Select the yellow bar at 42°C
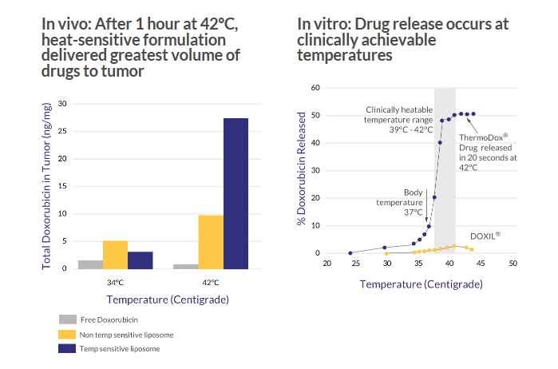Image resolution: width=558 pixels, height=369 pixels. point(211,241)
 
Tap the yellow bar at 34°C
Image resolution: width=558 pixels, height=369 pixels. point(115,254)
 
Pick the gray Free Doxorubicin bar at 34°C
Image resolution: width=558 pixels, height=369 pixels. point(91,264)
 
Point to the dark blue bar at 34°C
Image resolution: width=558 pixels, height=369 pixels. point(140,260)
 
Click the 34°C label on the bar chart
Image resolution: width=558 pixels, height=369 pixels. point(115,283)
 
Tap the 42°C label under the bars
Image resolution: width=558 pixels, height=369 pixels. point(211,283)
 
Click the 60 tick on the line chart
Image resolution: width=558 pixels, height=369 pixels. point(315,88)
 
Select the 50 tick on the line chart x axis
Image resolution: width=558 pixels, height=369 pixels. point(512,263)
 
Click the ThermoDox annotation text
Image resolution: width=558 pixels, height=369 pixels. point(488,152)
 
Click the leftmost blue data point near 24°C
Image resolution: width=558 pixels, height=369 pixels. point(350,252)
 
